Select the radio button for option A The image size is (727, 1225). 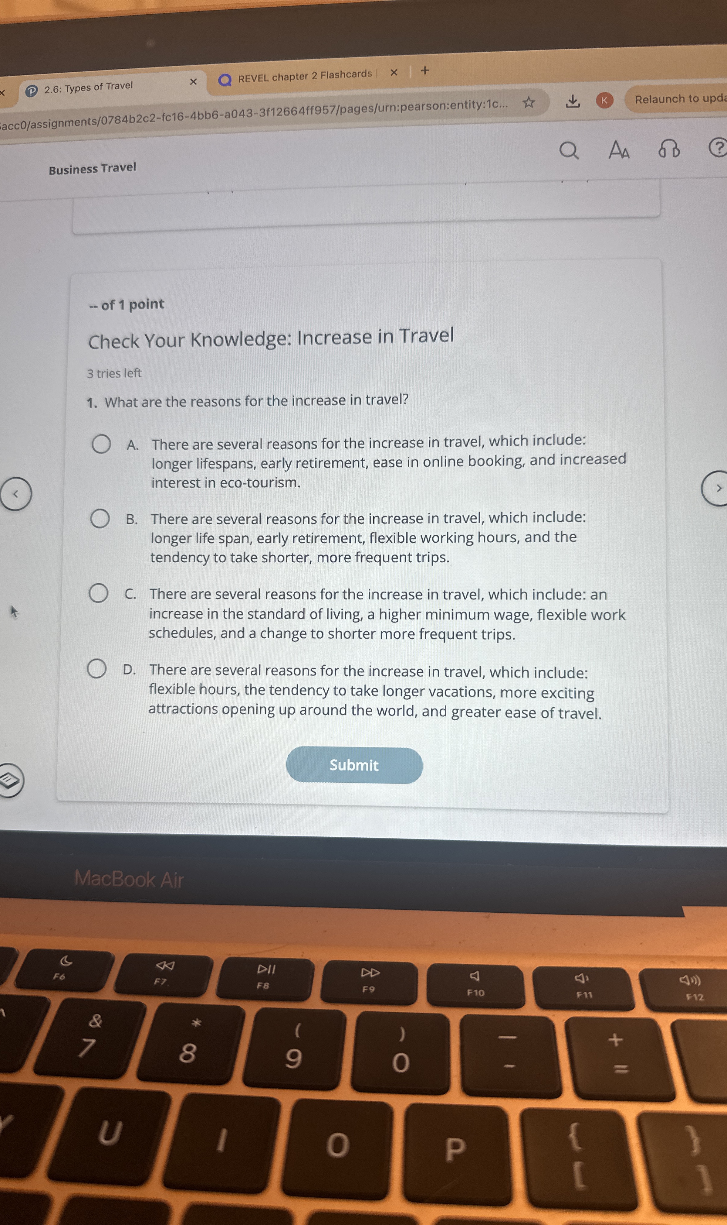pyautogui.click(x=101, y=444)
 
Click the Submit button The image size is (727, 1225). pyautogui.click(x=354, y=765)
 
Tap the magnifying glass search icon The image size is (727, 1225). pyautogui.click(x=569, y=151)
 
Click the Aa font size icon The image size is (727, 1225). pyautogui.click(x=618, y=149)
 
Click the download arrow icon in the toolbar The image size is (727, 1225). pyautogui.click(x=573, y=101)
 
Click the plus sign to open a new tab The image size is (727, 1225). pyautogui.click(x=425, y=70)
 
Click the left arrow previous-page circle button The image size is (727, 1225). pyautogui.click(x=16, y=494)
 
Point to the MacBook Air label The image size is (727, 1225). pyautogui.click(x=129, y=879)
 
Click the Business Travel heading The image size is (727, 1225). pyautogui.click(x=93, y=169)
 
